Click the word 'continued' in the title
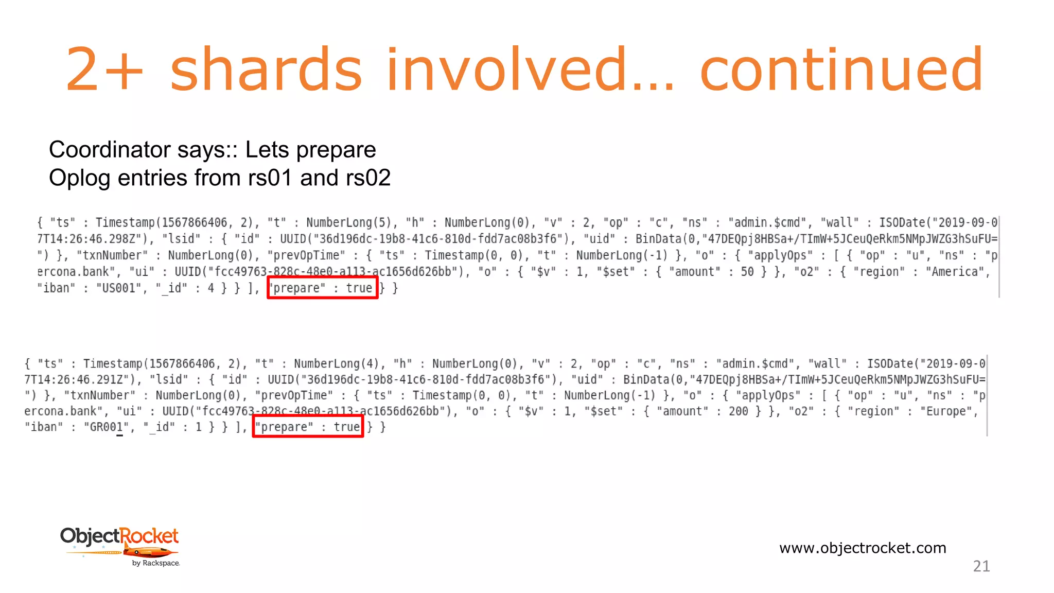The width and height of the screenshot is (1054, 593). [x=841, y=69]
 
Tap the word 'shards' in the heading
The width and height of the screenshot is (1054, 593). [x=266, y=69]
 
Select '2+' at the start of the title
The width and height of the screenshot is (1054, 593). [x=104, y=69]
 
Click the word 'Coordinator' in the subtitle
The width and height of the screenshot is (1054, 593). [x=109, y=150]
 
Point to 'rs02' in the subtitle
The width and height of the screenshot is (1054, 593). [x=368, y=178]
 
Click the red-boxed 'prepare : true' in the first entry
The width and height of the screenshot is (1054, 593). [x=323, y=288]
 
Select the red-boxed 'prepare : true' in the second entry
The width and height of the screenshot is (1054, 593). [x=308, y=427]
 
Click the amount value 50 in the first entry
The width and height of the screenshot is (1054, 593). [x=747, y=272]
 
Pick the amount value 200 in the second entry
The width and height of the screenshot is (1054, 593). [x=739, y=411]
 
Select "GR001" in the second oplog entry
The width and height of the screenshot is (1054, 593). [x=106, y=427]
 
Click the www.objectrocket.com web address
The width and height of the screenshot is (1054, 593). [x=863, y=548]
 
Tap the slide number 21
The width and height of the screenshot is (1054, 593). [x=981, y=566]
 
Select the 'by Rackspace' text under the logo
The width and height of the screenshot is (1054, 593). [x=155, y=563]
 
